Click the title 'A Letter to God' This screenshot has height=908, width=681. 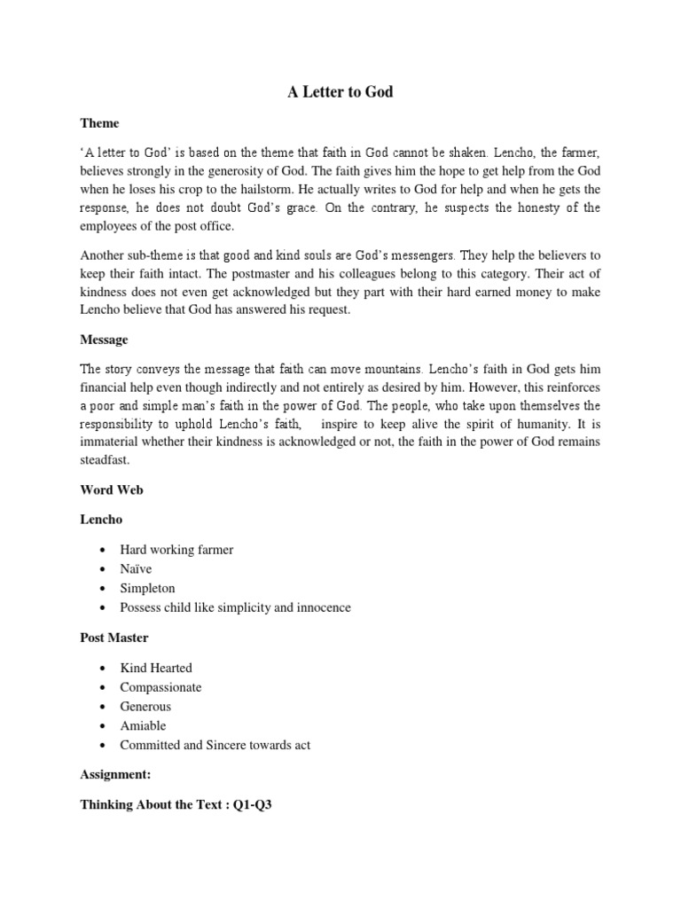click(x=340, y=92)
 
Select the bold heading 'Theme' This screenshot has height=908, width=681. click(x=99, y=123)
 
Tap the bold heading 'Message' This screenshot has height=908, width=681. click(x=105, y=340)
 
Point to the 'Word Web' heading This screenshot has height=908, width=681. click(x=111, y=489)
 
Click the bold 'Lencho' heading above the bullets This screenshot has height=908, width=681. click(x=101, y=520)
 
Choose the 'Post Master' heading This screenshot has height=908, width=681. click(x=113, y=638)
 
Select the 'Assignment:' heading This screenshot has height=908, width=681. click(x=115, y=774)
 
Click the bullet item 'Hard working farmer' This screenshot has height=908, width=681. click(x=177, y=550)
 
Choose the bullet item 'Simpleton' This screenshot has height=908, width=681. click(x=148, y=589)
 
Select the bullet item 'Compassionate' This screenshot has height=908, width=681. click(x=160, y=687)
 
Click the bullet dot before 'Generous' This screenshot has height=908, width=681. click(x=104, y=708)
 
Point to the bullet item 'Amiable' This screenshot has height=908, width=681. click(x=143, y=726)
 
